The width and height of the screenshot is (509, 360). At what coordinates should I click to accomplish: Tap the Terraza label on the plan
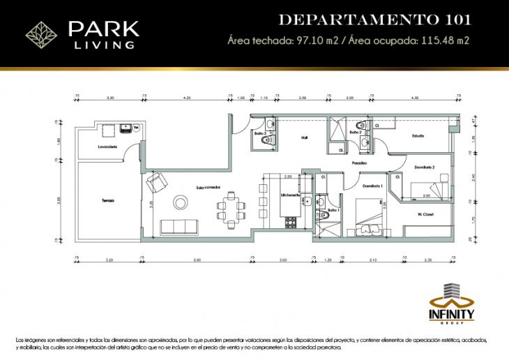[107, 200]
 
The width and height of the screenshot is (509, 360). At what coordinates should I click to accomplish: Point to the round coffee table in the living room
[180, 203]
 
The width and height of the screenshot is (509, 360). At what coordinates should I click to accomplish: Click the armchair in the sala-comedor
[155, 183]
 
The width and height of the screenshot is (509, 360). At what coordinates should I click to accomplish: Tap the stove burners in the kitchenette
[291, 223]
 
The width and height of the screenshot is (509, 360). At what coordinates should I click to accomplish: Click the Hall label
[304, 137]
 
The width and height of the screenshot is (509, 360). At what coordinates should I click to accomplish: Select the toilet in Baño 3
[263, 142]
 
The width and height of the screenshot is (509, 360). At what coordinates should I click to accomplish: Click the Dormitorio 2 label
[425, 167]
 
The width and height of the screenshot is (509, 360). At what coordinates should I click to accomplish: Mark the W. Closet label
[426, 214]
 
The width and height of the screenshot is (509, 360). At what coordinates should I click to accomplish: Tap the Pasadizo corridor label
[359, 163]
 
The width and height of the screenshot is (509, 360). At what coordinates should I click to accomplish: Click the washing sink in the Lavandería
[126, 128]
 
